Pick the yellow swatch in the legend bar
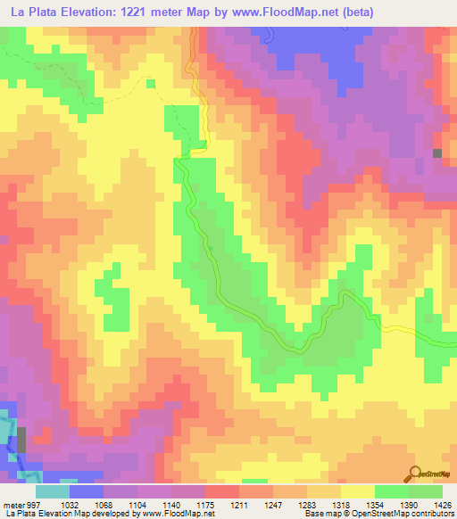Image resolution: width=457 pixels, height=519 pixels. (x=357, y=491)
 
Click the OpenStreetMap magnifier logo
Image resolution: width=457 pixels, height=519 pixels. (x=416, y=475)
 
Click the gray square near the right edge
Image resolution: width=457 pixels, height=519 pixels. (x=437, y=153)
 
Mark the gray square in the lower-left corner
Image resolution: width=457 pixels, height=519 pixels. (x=22, y=440)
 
